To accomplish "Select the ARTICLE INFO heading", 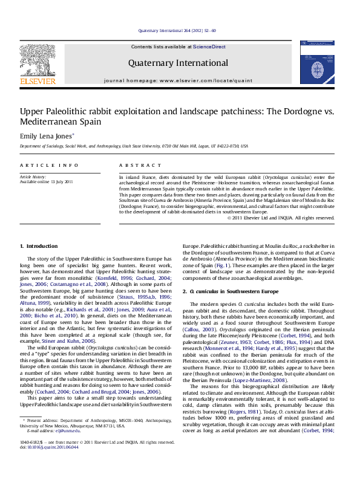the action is pyautogui.click(x=40, y=165).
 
